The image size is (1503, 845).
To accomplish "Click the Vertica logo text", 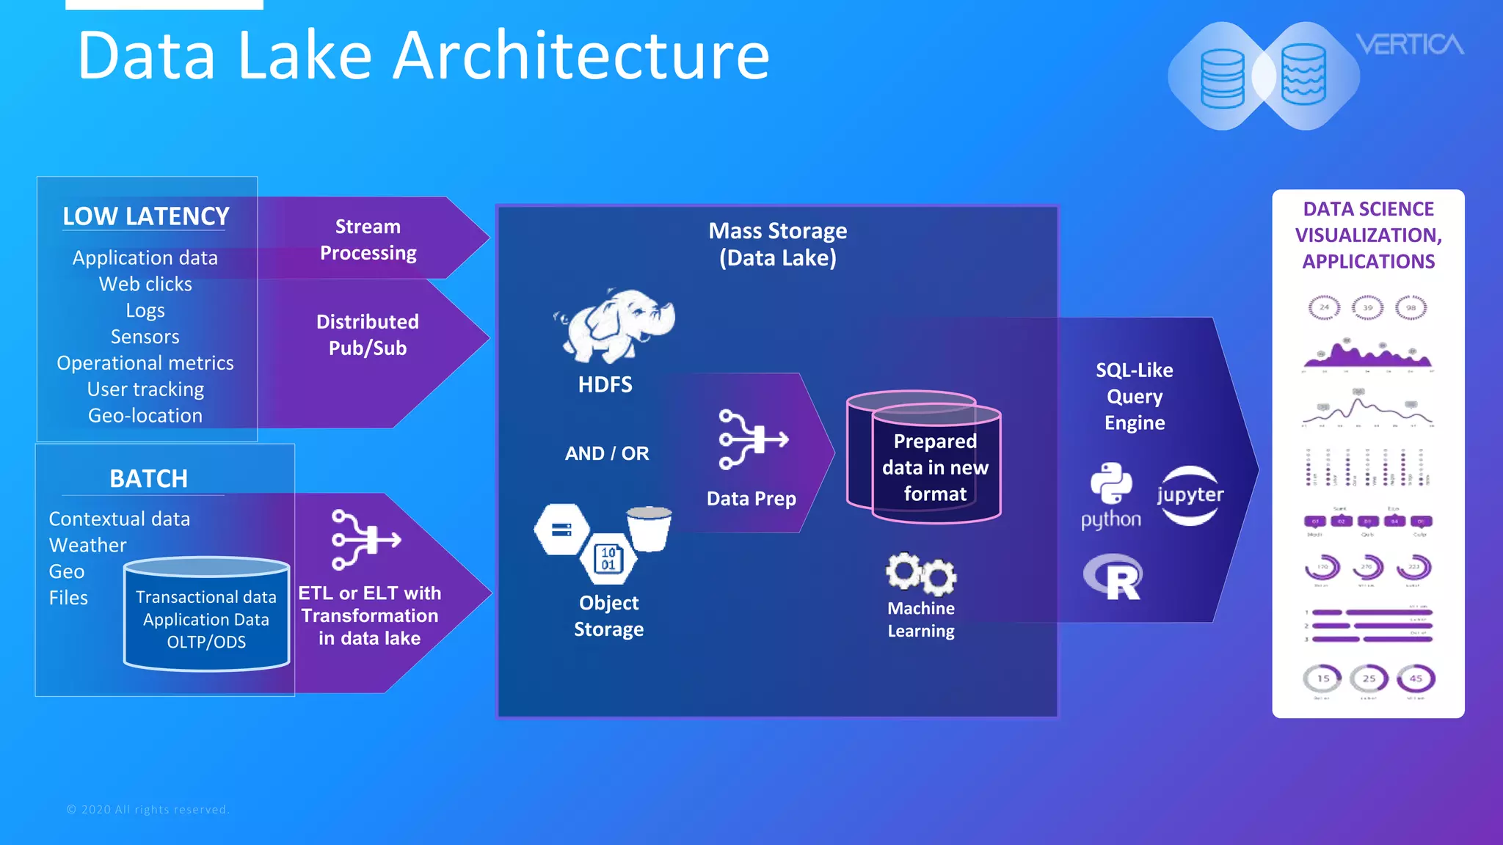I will point(1409,45).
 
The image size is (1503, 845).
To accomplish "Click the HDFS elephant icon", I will point(615,326).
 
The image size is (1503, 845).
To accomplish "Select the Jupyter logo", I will point(1190,495).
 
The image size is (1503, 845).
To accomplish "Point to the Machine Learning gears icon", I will point(920,573).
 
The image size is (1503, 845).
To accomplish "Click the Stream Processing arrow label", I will point(368,239).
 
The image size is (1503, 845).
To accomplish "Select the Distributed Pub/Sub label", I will point(368,334).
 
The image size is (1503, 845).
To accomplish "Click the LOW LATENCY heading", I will point(145,216).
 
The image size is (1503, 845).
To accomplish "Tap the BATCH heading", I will point(148,478).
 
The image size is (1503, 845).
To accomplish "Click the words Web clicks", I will point(145,284).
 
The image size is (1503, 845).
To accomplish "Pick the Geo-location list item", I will point(145,415).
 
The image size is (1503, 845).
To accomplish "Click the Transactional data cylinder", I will point(206,616).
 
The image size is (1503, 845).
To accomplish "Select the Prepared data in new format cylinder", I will point(934,467).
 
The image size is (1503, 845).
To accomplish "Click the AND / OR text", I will point(607,453).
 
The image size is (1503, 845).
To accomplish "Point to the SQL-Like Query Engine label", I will point(1134,396).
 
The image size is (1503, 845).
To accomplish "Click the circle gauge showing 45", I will point(1416,678).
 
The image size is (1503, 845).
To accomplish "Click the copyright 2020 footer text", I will point(148,809).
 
